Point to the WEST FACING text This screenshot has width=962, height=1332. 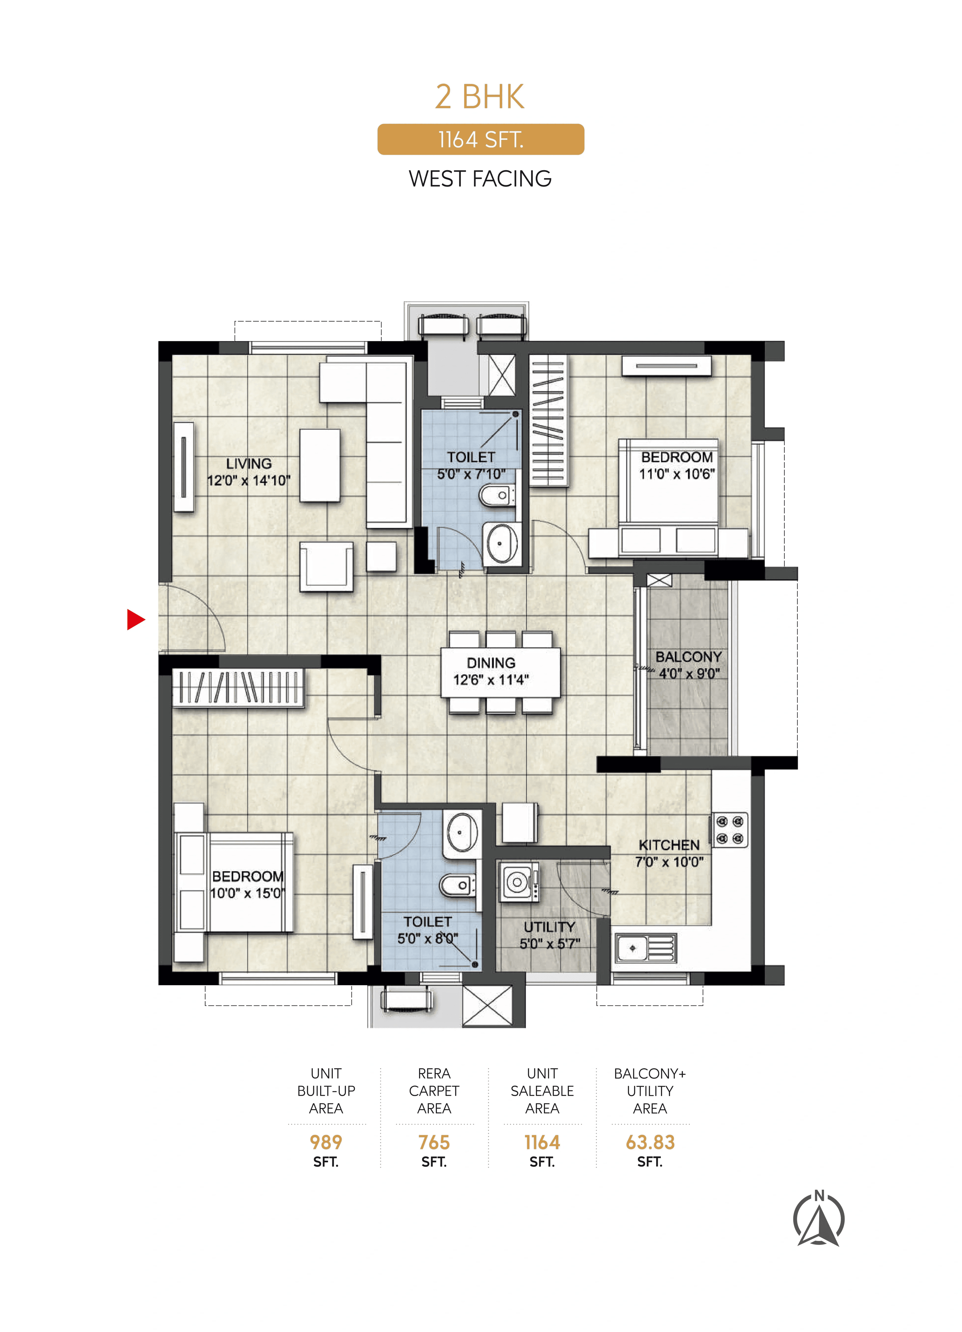(480, 179)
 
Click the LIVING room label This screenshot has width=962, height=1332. (249, 463)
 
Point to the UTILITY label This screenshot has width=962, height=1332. (549, 927)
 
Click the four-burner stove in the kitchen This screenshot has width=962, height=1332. (730, 830)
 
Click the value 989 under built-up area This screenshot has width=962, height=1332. (326, 1142)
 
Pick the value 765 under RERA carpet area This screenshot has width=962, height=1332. (434, 1142)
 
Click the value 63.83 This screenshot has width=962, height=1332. (650, 1142)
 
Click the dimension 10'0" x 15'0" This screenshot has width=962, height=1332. (247, 893)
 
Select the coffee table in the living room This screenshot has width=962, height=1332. (319, 465)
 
